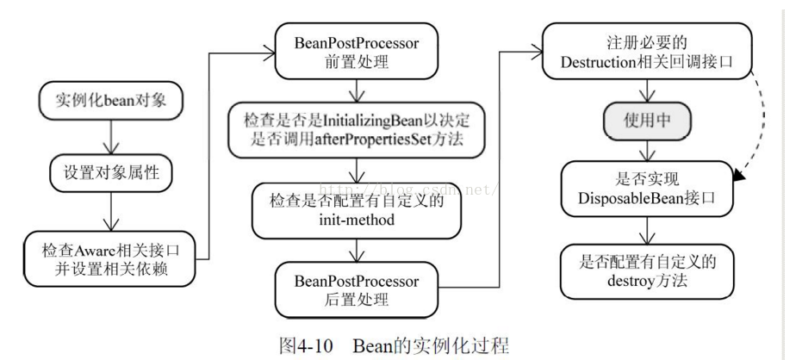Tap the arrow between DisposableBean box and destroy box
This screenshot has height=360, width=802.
(645, 229)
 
